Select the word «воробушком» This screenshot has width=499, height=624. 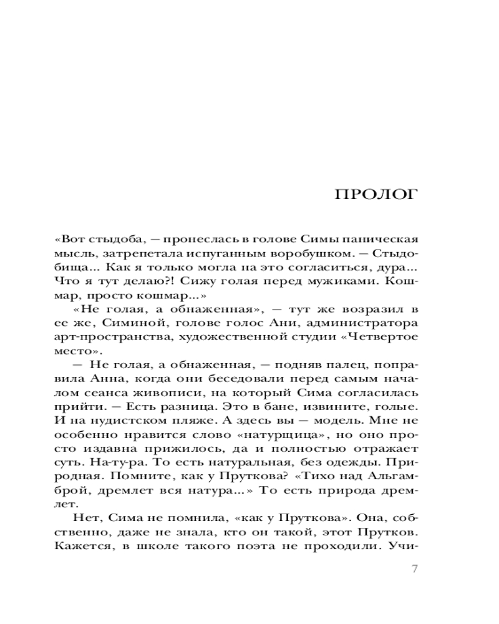coord(290,253)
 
